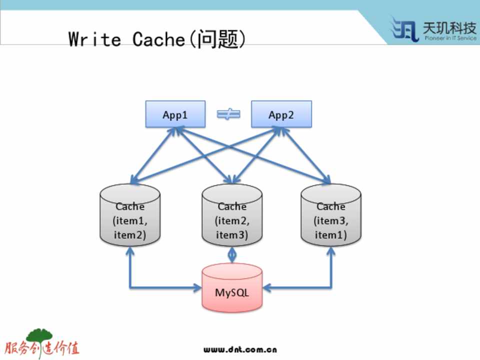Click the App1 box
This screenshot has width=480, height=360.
[175, 114]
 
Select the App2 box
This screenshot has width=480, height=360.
[281, 114]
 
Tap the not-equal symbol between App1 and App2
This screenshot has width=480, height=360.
[228, 114]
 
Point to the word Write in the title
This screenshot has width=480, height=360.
[94, 39]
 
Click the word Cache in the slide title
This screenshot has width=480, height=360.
[158, 39]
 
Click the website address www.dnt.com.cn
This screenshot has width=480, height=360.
[240, 349]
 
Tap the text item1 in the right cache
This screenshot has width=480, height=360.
[330, 234]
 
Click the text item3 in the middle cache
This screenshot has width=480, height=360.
[231, 234]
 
